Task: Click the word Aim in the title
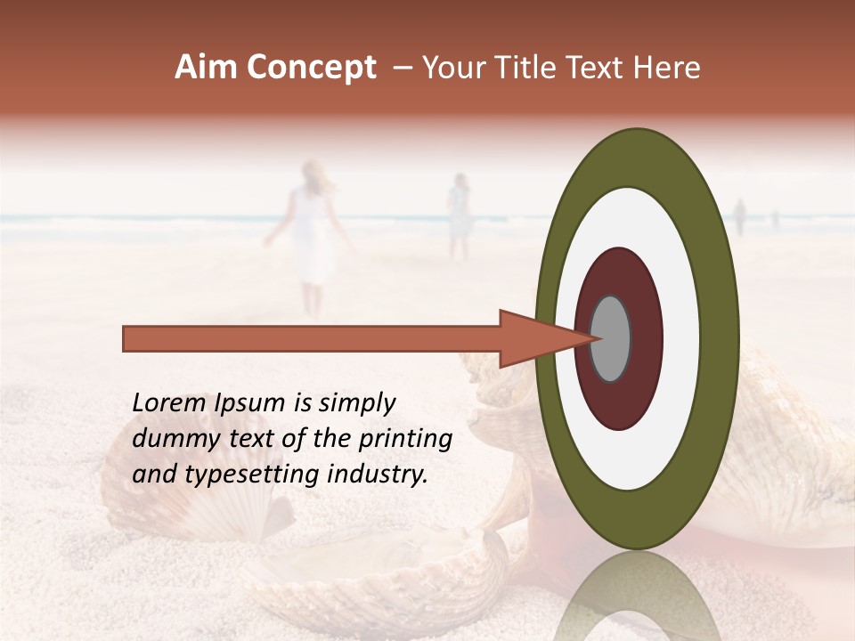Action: click(207, 68)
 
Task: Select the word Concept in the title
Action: click(311, 69)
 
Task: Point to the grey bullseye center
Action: click(610, 338)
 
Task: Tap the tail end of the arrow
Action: click(126, 338)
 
